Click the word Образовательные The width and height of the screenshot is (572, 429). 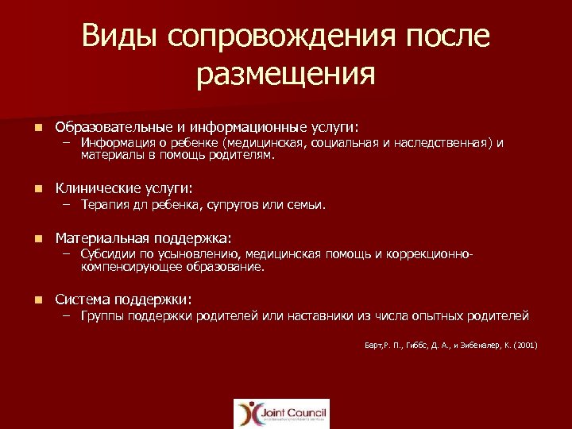point(110,126)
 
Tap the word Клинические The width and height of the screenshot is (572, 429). point(97,188)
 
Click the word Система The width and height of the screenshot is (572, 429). point(82,300)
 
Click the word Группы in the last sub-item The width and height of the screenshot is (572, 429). point(100,315)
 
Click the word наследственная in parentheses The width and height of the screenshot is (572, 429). point(450,143)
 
